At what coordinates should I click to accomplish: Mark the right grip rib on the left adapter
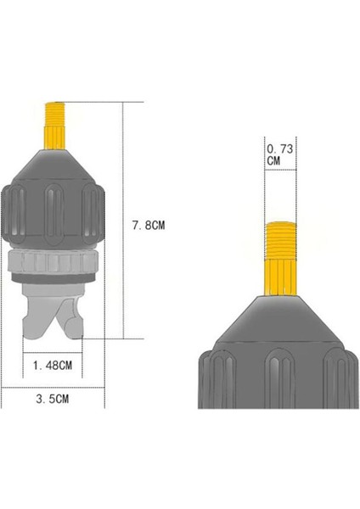point(93,212)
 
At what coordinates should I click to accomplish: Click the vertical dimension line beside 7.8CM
point(126,221)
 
